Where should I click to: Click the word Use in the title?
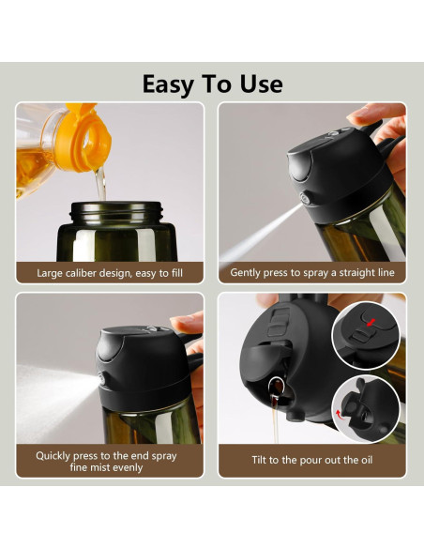(x=260, y=84)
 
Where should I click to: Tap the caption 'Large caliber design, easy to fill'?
(x=109, y=273)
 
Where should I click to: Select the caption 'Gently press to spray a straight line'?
(x=312, y=273)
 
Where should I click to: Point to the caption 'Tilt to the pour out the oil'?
(x=312, y=461)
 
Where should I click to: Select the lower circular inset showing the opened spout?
(x=366, y=408)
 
